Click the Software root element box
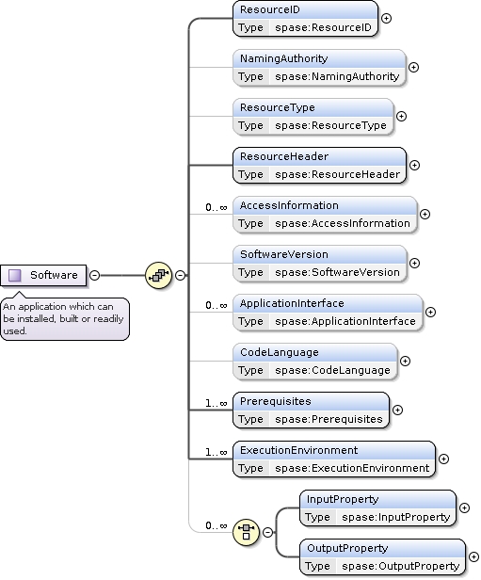tap(44, 275)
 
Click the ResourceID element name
tap(269, 9)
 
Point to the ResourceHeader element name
tap(283, 156)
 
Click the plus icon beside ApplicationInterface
tap(430, 312)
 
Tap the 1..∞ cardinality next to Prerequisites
tap(217, 403)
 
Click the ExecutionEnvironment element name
tap(298, 450)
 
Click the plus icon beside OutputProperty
tap(473, 556)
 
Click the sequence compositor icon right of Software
tap(157, 275)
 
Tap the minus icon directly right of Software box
tap(94, 275)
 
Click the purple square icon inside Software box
tap(15, 275)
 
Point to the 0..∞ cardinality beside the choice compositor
tap(217, 525)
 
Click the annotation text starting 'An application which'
tap(62, 318)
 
